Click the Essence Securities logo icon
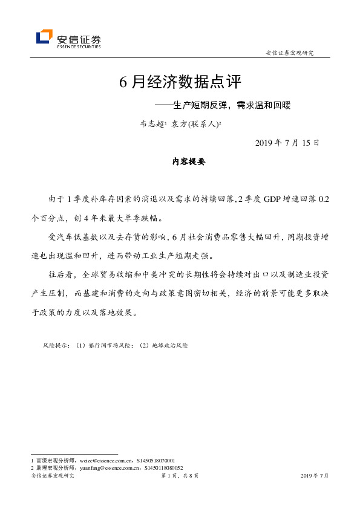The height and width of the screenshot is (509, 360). click(44, 37)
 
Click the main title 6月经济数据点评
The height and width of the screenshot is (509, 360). click(182, 82)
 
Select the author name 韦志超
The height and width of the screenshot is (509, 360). click(151, 124)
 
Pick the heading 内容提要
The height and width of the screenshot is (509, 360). click(189, 161)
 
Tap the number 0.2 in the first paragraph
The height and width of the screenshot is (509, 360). click(324, 199)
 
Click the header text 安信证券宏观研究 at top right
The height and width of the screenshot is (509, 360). click(290, 53)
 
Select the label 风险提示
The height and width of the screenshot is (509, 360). click(56, 345)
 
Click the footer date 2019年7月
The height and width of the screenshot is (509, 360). click(315, 476)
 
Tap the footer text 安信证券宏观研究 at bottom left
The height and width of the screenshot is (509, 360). click(52, 476)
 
